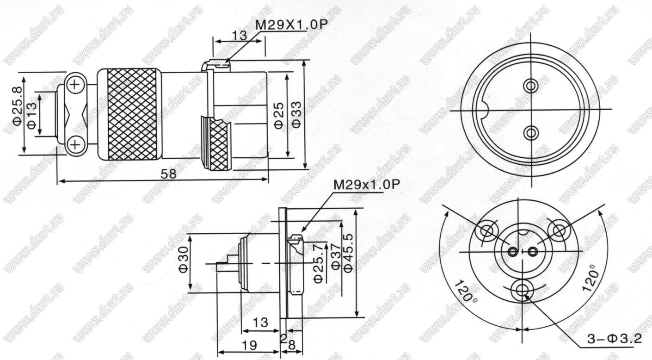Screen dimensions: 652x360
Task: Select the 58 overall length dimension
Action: click(x=169, y=174)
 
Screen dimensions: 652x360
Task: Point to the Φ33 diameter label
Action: click(x=297, y=114)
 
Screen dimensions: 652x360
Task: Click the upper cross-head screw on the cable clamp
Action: click(x=75, y=85)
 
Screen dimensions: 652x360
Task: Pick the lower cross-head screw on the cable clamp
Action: click(x=75, y=144)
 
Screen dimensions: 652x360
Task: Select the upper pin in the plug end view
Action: click(x=531, y=86)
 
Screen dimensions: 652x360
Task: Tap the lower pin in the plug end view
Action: click(x=531, y=133)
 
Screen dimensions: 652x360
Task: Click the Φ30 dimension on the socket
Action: click(x=184, y=263)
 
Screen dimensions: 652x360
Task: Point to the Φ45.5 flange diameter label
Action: click(x=348, y=253)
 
